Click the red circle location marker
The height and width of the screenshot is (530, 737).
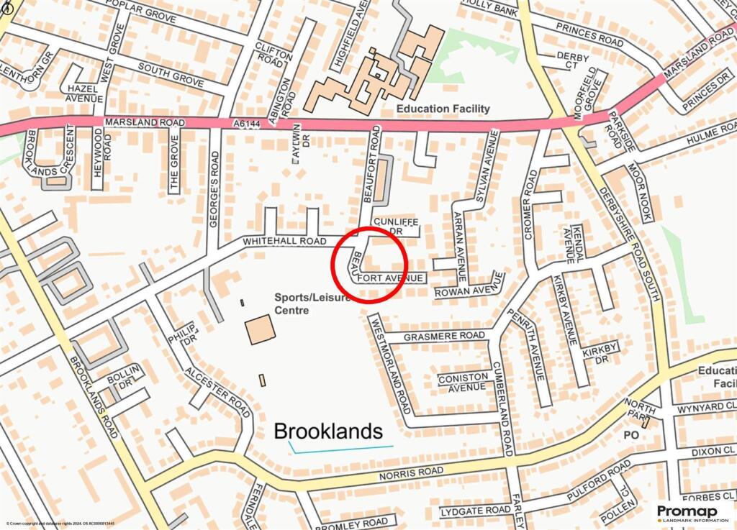pos(369,263)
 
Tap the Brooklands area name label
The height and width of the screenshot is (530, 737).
pos(328,431)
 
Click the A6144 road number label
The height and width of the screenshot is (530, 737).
pos(246,124)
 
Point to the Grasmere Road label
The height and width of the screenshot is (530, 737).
pos(444,337)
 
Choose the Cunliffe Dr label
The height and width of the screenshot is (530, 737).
pos(395,227)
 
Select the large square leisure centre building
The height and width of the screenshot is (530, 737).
pos(260,329)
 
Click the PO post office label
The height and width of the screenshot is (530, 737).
pos(631,435)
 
